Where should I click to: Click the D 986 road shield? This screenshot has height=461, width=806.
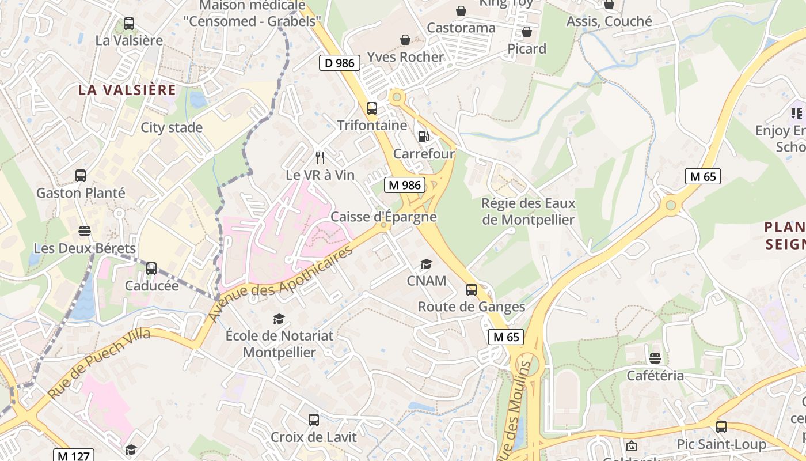(340, 63)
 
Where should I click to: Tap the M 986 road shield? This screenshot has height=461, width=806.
(405, 185)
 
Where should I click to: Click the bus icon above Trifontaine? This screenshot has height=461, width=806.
(372, 108)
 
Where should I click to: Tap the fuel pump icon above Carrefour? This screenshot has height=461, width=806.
(423, 137)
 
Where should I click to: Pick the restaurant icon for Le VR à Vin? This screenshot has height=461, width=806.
(320, 157)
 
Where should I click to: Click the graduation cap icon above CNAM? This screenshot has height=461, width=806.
(426, 264)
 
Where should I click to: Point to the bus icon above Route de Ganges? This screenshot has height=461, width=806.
(472, 289)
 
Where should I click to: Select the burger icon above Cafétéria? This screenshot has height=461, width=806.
(655, 358)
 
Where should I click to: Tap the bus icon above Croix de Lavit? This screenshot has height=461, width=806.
(314, 420)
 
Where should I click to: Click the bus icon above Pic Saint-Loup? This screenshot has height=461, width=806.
(721, 427)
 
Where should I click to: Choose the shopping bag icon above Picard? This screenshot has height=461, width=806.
(526, 32)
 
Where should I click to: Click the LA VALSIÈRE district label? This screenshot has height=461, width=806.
(127, 90)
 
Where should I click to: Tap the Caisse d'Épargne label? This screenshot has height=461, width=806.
(383, 217)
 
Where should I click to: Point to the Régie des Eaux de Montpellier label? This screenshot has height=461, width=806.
(528, 211)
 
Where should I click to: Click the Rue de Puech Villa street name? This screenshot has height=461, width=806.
(99, 364)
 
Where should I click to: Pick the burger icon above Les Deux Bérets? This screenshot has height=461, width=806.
(85, 231)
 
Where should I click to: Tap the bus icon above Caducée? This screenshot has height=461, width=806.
(151, 268)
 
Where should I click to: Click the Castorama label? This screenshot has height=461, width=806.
(461, 28)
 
